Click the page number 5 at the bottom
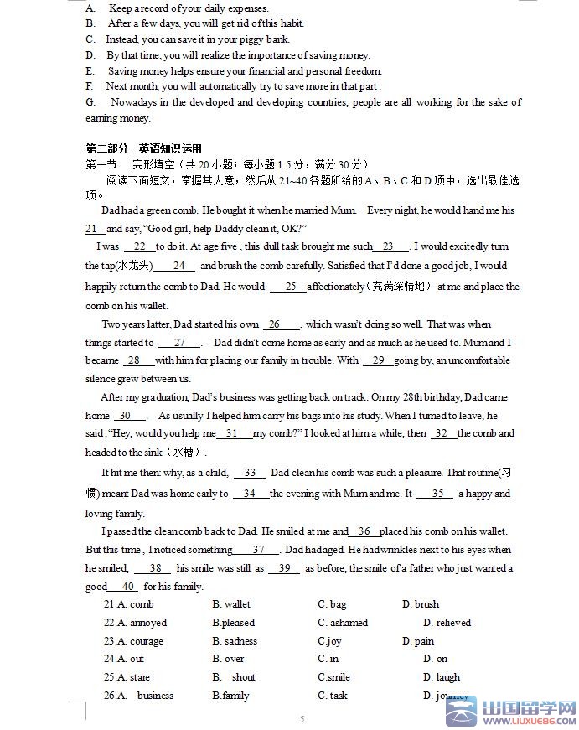(302, 719)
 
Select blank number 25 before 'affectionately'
(290, 287)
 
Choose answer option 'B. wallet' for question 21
(231, 604)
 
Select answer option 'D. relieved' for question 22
(447, 623)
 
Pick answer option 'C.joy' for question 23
(329, 641)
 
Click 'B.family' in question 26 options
(230, 696)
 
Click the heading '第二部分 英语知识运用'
(143, 148)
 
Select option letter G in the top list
(90, 102)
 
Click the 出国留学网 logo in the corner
(516, 712)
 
